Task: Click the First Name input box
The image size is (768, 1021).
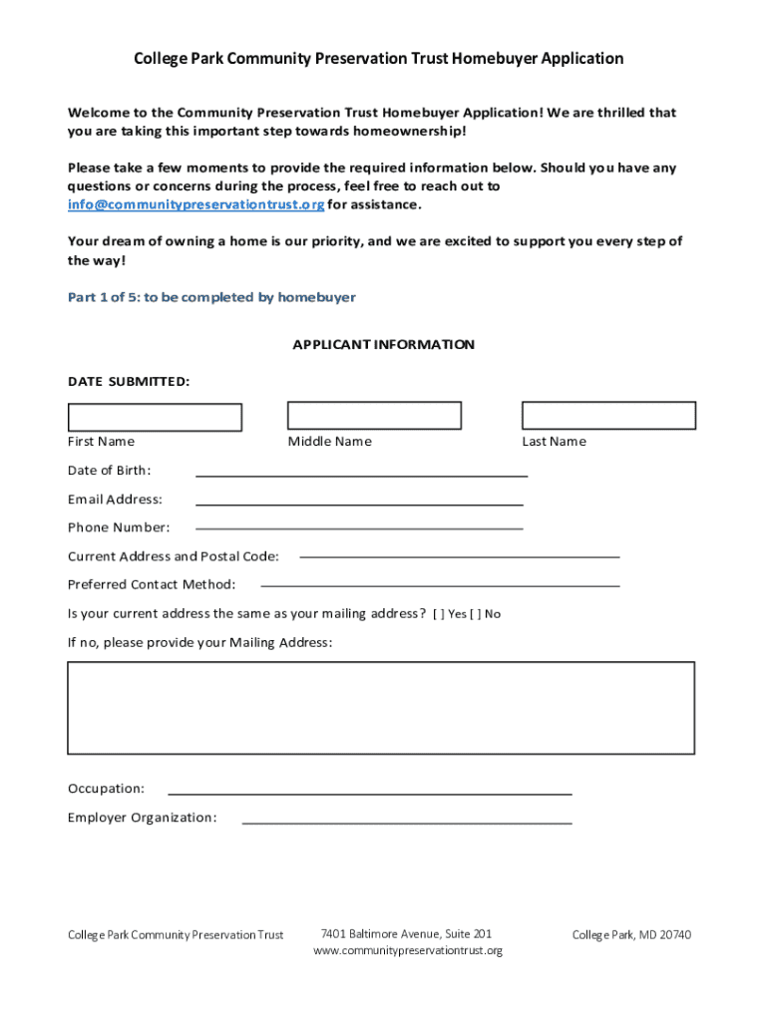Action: pos(155,417)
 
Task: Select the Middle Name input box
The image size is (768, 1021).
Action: pos(374,415)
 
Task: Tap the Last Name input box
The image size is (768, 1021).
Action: pos(608,415)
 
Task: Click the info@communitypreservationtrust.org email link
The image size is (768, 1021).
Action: pos(195,204)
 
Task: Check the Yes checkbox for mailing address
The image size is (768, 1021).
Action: pos(439,614)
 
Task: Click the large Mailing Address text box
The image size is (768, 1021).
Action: pos(381,707)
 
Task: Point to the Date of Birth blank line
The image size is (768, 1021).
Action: pos(361,475)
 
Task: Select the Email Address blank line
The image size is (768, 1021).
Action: pos(359,503)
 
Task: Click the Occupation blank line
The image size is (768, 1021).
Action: pos(369,792)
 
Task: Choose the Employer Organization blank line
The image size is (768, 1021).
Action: pos(407,822)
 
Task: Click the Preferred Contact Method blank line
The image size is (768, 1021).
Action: pos(439,584)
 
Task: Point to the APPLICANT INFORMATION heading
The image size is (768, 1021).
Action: pos(383,345)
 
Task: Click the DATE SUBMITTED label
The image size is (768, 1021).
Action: pos(129,381)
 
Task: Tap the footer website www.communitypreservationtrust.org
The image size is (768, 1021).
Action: pos(407,951)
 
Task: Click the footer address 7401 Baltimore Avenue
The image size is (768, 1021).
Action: pos(406,934)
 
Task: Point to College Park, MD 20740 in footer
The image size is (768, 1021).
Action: pos(631,935)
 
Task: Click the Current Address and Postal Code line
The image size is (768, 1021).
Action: pos(459,555)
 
